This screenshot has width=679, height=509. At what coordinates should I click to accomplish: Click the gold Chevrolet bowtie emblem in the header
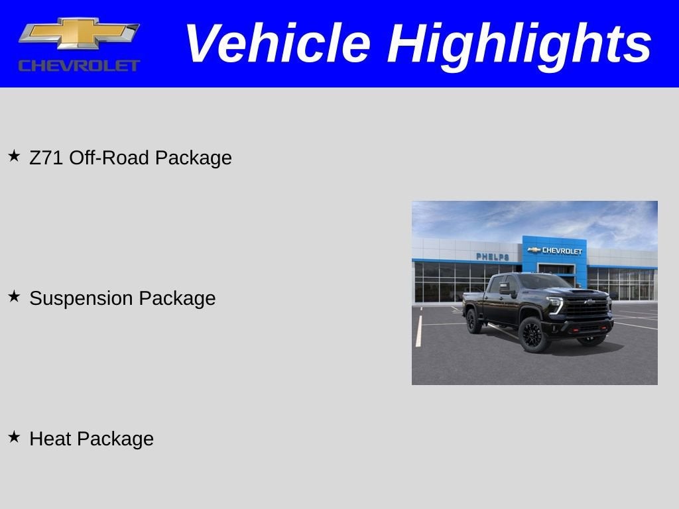pyautogui.click(x=78, y=33)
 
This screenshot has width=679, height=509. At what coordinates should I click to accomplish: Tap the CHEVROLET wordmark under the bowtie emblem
pyautogui.click(x=79, y=65)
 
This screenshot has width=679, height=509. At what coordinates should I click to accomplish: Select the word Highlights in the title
pyautogui.click(x=519, y=44)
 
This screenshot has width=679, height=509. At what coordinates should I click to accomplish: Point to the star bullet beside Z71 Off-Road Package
pyautogui.click(x=14, y=156)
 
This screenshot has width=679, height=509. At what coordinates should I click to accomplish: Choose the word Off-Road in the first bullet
pyautogui.click(x=109, y=158)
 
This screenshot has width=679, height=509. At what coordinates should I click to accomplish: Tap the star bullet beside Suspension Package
pyautogui.click(x=14, y=297)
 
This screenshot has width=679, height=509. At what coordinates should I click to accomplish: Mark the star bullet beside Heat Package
pyautogui.click(x=14, y=437)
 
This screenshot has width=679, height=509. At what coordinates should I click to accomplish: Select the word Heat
pyautogui.click(x=50, y=439)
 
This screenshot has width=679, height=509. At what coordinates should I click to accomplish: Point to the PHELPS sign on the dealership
pyautogui.click(x=493, y=256)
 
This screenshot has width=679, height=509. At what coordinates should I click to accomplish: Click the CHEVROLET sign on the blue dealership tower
pyautogui.click(x=556, y=251)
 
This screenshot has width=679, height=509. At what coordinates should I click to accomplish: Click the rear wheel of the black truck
pyautogui.click(x=473, y=321)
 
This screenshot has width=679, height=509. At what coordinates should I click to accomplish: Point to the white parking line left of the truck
pyautogui.click(x=418, y=331)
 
